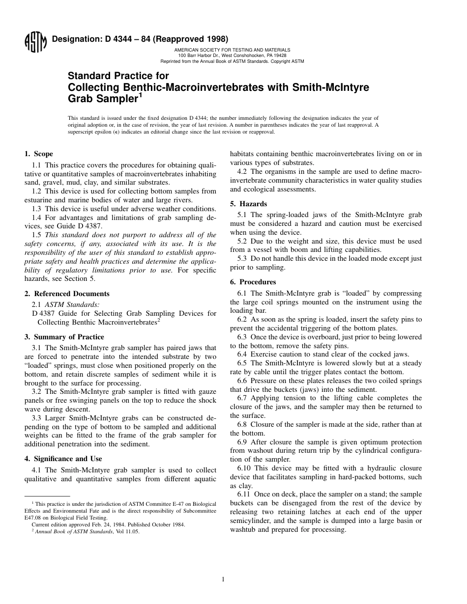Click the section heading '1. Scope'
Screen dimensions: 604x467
click(x=39, y=154)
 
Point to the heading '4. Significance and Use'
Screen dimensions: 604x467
click(x=63, y=459)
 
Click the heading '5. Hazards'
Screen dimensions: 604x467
click(x=249, y=204)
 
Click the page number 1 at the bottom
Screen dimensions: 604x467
click(x=223, y=579)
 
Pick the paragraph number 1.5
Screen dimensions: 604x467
click(x=37, y=235)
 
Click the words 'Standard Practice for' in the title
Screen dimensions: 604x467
click(x=118, y=76)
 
